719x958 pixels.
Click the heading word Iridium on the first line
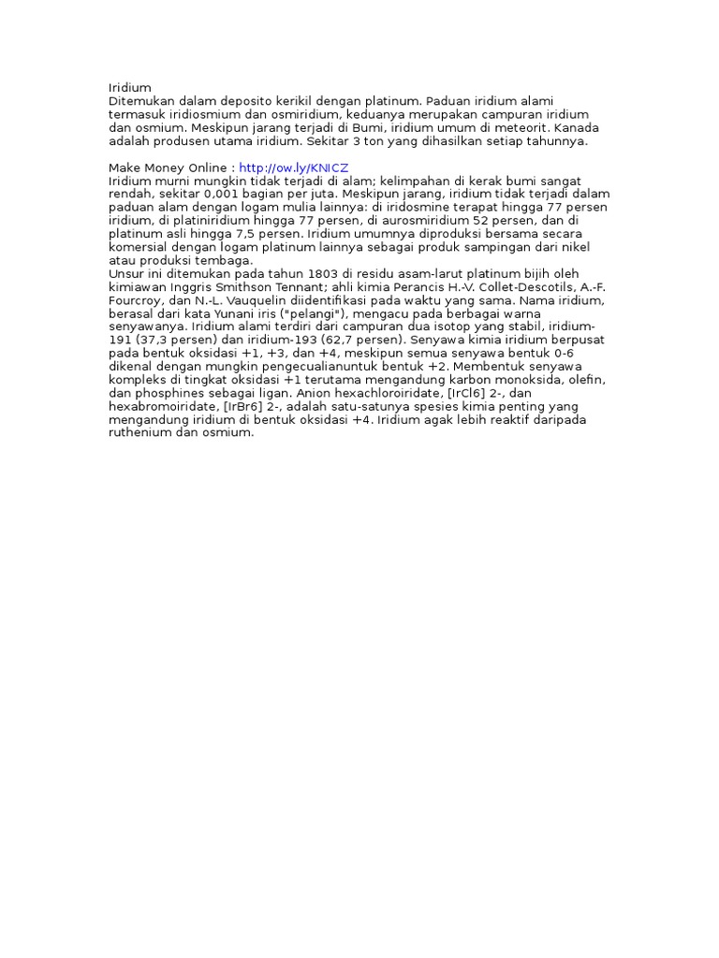(x=130, y=87)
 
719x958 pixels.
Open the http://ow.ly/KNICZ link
(x=293, y=167)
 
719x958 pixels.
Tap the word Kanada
(x=574, y=127)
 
